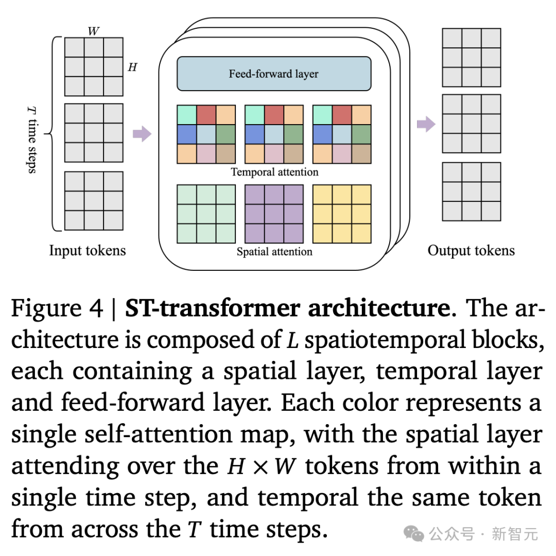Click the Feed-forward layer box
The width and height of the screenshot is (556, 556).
coord(274,74)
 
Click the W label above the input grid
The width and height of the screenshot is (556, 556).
coord(93,31)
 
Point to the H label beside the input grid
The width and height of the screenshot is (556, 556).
coord(132,66)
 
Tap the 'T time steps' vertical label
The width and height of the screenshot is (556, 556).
coord(32,140)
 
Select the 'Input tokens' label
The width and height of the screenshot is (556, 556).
coord(87,250)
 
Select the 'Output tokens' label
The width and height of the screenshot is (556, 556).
coord(471,250)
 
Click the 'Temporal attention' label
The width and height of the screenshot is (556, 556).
coord(274,172)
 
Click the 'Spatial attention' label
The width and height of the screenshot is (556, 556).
coord(274,251)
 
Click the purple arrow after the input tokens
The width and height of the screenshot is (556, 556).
coord(142,134)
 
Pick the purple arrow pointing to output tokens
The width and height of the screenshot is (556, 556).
coord(426,124)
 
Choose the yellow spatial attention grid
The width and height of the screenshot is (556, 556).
coord(342,214)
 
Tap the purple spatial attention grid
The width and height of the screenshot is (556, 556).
coord(274,214)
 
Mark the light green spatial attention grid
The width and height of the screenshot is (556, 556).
coord(206,214)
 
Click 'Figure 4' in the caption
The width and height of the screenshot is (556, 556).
coord(57,308)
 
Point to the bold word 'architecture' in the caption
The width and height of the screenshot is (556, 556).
coord(379,308)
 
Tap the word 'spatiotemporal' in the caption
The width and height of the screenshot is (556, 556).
coord(385,340)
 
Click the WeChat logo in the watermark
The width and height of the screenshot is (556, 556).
coord(414,533)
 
